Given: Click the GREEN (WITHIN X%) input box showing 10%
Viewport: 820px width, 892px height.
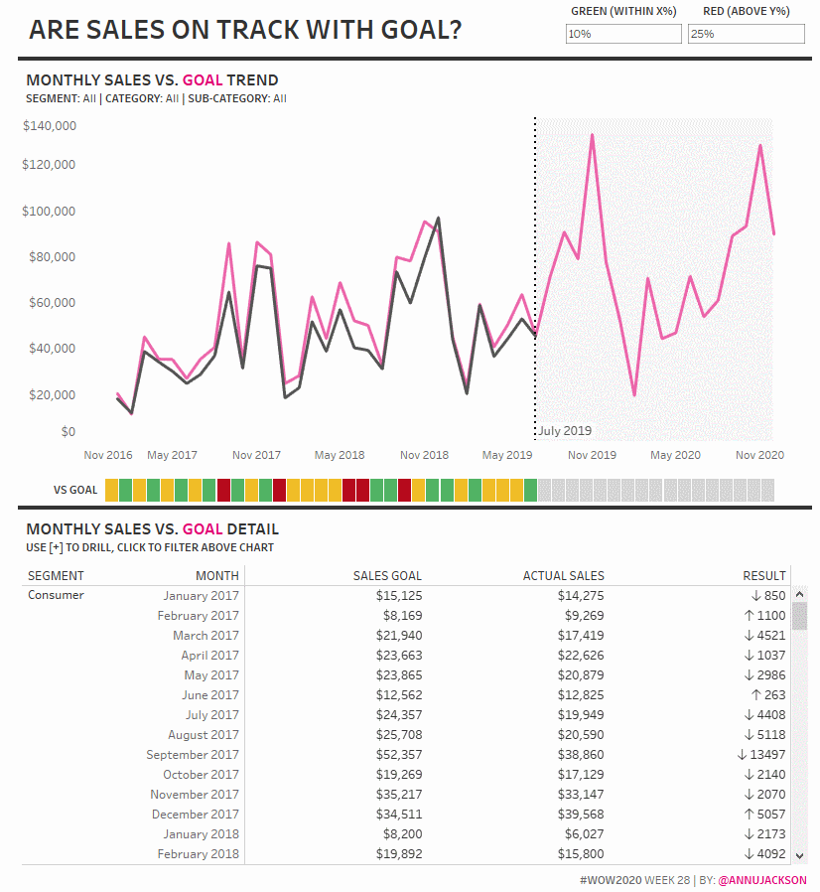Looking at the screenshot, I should pos(623,34).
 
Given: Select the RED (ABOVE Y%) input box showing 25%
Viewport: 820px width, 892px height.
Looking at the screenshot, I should pos(746,34).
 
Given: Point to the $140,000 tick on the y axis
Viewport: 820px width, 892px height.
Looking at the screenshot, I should pos(49,126).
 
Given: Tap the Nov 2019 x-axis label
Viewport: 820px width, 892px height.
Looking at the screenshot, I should pos(592,455).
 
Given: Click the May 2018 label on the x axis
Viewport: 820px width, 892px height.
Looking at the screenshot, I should pos(340,455).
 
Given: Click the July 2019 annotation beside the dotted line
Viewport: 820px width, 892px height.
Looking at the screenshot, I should pos(565,431).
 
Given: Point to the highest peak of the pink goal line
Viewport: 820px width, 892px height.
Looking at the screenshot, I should pos(593,135).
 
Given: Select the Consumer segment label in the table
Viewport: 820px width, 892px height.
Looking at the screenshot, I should pos(56,596).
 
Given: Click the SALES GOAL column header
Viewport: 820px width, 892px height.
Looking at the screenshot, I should pos(387,575).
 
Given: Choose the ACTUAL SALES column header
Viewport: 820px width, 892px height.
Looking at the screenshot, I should pos(563,575).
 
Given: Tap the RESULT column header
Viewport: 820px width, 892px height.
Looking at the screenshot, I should pos(764,575).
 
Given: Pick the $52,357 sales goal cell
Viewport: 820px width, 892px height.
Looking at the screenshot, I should pos(398,755).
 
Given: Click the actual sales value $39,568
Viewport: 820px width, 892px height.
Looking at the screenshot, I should pos(580,815).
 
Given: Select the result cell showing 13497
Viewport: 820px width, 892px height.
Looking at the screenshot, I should pos(761,755).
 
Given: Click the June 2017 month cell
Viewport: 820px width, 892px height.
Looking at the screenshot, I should pos(209,695).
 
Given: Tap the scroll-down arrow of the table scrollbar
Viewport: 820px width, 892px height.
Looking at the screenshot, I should pos(799,854).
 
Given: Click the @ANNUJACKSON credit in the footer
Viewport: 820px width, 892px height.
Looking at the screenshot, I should pos(761,880).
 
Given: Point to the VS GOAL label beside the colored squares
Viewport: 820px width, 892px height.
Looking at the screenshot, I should pos(75,490).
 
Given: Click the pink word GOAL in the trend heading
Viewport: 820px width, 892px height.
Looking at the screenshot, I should pos(203,80).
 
